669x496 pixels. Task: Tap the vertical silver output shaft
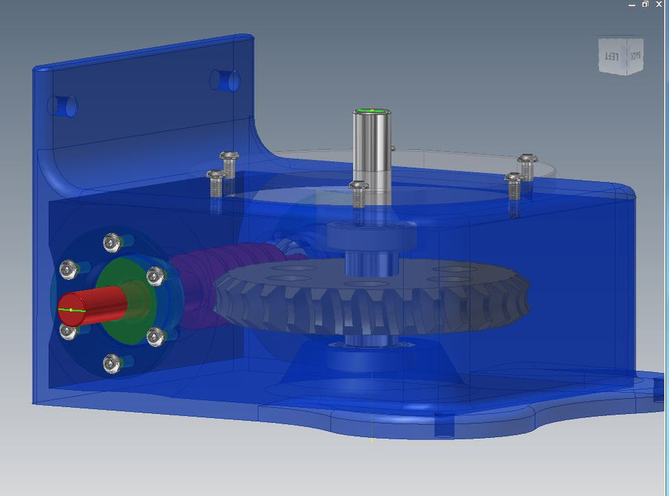(372, 155)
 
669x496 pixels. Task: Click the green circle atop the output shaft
(372, 112)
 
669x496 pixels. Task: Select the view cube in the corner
(622, 56)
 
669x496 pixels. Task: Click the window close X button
(659, 4)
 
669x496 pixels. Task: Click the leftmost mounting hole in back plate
(62, 105)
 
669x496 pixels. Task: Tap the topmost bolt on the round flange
(113, 243)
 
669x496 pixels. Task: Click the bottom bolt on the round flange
(113, 362)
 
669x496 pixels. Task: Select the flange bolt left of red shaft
(69, 270)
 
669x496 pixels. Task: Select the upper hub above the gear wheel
(372, 232)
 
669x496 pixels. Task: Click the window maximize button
(645, 4)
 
